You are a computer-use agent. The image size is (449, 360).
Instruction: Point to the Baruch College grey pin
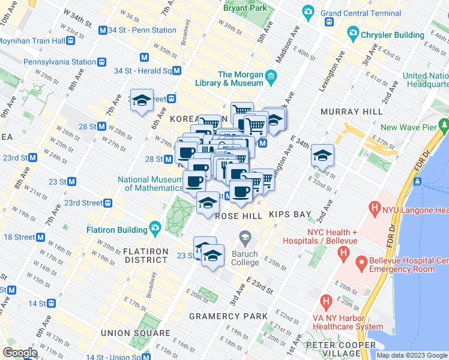[x=244, y=237]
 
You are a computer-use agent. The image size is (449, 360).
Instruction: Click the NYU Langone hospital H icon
[x=376, y=209]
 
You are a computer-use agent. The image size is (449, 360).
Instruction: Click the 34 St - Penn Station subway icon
[x=103, y=30]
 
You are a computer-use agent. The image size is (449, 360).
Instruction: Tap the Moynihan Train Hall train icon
[x=71, y=41]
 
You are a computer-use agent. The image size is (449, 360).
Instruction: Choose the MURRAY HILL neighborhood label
[x=351, y=112]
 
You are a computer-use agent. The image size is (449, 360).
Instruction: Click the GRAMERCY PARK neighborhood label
[x=228, y=316]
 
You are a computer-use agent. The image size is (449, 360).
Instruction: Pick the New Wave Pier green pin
[x=444, y=125]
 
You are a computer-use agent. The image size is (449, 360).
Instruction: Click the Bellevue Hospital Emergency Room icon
[x=361, y=263]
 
